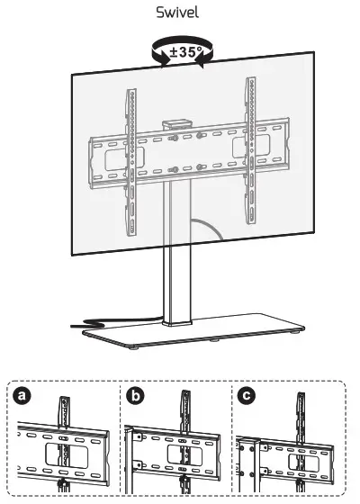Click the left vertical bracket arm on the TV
pyautogui.click(x=132, y=144)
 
